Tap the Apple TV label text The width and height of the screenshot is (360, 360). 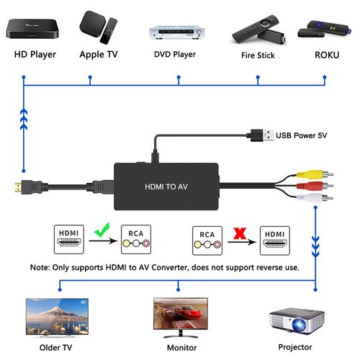(x=99, y=54)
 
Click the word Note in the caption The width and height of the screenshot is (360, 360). (x=40, y=266)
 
